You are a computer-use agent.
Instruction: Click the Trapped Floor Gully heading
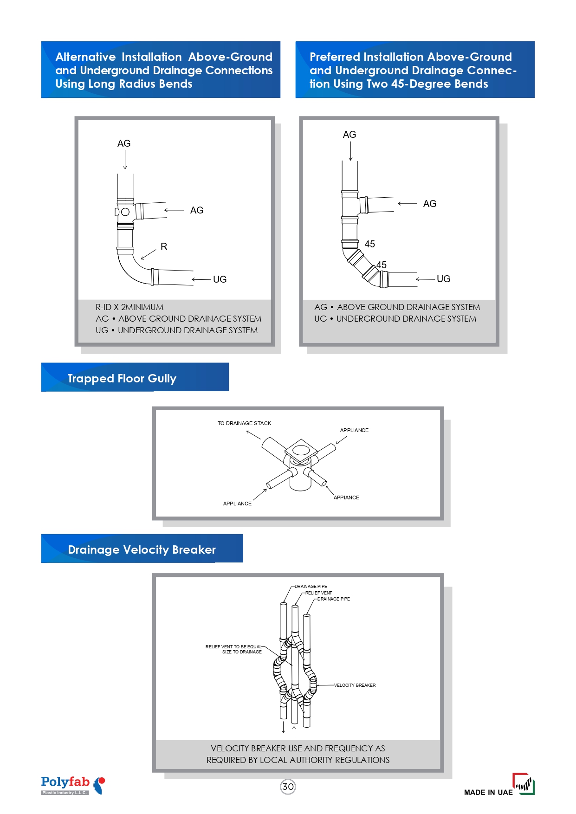(x=122, y=378)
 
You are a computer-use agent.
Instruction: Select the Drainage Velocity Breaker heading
(x=142, y=549)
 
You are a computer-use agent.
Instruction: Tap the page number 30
(x=288, y=787)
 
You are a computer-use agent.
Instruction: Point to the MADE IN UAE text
(x=488, y=792)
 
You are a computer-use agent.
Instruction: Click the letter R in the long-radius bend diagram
(x=164, y=246)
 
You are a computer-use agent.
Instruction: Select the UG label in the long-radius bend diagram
(x=220, y=279)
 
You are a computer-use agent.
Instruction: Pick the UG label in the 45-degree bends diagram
(x=443, y=279)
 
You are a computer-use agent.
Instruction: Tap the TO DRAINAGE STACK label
(x=244, y=423)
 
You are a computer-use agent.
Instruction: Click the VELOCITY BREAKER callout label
(x=355, y=685)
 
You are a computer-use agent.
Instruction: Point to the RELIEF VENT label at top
(x=319, y=593)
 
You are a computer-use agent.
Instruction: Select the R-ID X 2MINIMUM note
(x=129, y=307)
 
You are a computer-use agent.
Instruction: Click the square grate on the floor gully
(x=301, y=450)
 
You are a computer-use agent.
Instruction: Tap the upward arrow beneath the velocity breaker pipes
(x=294, y=730)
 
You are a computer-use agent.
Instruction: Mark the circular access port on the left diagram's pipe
(x=125, y=212)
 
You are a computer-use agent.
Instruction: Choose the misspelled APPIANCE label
(x=346, y=497)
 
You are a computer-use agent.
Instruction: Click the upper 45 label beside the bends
(x=369, y=244)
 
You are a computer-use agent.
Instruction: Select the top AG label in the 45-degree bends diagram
(x=349, y=135)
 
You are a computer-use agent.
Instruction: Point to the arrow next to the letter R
(x=149, y=255)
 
